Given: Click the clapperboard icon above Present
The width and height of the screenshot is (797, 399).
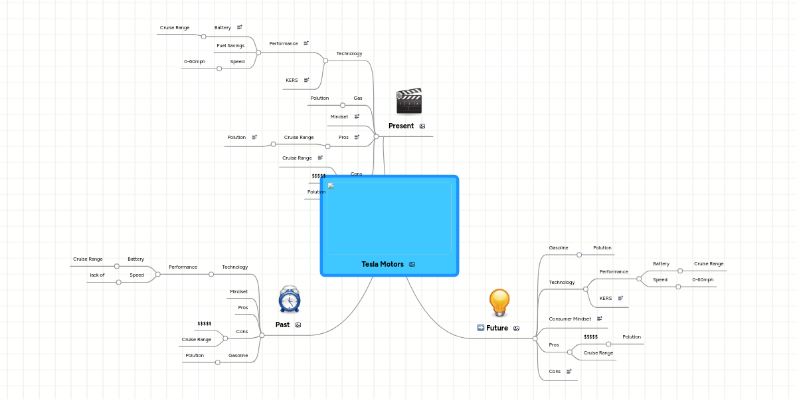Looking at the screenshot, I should pos(408,101).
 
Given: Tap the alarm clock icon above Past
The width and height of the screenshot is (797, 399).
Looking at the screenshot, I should pos(290,300).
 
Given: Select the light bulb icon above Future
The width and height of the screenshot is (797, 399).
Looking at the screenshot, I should pos(499,303).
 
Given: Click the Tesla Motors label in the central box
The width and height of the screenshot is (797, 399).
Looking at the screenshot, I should pos(383,264).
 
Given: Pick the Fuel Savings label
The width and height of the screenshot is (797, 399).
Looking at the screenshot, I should pos(230,46).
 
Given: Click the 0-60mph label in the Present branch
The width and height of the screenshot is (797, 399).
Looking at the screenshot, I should pos(195,62).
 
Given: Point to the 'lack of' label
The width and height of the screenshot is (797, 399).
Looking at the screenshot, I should pos(97,275).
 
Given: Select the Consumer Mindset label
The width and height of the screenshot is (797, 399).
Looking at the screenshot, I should pos(570,319).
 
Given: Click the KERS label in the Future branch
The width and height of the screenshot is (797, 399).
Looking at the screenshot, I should pos(606,299).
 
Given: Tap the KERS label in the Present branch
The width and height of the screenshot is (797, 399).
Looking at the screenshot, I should pos(292,80).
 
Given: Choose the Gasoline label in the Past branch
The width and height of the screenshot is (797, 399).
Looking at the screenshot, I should pos(238,356).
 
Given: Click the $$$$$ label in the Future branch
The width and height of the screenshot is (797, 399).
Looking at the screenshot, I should pos(590,337).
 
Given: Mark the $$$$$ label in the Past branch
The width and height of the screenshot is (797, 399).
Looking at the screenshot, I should pos(204,324).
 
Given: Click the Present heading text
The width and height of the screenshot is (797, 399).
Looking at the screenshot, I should pos(401,126).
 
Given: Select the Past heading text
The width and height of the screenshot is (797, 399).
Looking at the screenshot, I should pos(282,325).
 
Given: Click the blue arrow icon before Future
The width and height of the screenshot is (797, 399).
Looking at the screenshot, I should pos(481,328).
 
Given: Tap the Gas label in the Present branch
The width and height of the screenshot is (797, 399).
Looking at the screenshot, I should pos(357,98).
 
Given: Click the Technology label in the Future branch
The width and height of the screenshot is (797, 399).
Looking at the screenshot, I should pos(561,283).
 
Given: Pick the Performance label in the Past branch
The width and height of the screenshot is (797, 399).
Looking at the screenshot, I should pos(183,267).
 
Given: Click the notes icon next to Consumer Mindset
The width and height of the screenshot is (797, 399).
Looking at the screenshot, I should pos(599,319).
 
